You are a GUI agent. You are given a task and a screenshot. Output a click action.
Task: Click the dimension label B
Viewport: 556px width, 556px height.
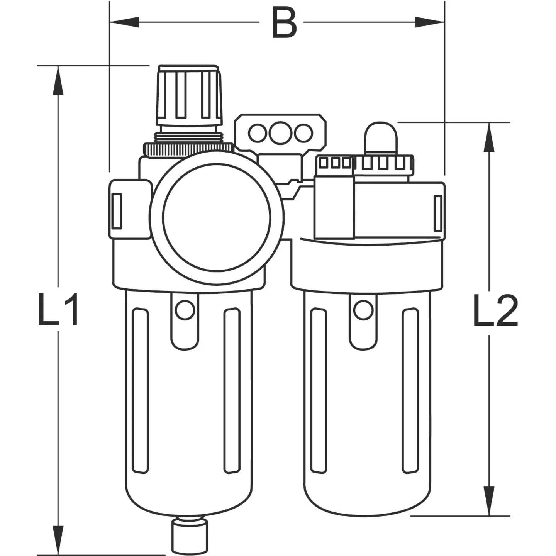[x=284, y=23]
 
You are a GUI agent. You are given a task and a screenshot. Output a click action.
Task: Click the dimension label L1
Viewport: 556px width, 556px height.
[x=59, y=310]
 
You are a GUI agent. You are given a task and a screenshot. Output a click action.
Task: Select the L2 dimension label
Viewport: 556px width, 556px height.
[x=495, y=311]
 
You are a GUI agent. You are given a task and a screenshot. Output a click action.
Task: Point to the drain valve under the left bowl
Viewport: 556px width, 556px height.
[x=189, y=537]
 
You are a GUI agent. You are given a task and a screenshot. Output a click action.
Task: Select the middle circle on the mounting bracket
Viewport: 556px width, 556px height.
[x=280, y=133]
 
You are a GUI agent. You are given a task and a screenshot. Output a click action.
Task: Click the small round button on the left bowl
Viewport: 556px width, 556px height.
[x=185, y=310]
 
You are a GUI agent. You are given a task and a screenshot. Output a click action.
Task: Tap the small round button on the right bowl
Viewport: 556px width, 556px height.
[x=363, y=310]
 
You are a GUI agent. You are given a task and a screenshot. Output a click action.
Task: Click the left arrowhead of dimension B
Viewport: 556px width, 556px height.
[x=124, y=22]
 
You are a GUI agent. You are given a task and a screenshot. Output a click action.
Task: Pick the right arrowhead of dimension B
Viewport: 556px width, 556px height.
[x=430, y=22]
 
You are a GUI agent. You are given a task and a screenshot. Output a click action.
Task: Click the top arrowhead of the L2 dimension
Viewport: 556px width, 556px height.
[x=490, y=137]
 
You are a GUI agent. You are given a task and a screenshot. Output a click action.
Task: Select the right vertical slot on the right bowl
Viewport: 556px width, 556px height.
[x=410, y=390]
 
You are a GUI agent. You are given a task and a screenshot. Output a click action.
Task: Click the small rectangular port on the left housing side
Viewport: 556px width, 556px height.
[x=116, y=210]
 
